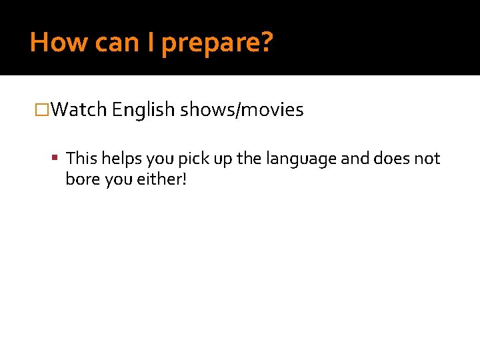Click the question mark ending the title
point(266,43)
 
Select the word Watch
point(79,109)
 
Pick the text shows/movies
point(241,109)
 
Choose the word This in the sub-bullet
point(81,159)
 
